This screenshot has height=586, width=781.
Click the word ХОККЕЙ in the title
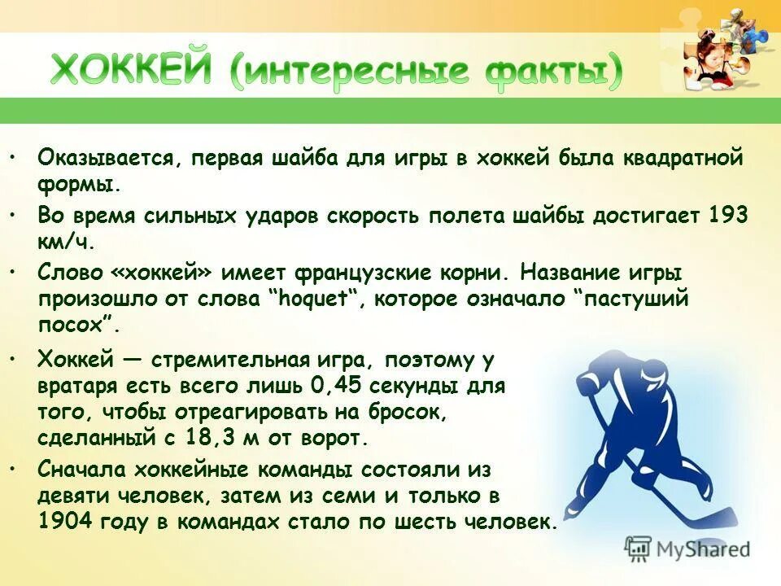(131, 72)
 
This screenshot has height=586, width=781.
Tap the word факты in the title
(554, 72)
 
